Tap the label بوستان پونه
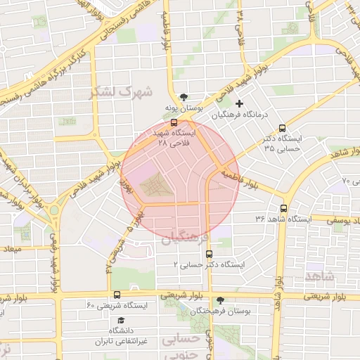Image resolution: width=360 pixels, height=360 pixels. (x=184, y=108)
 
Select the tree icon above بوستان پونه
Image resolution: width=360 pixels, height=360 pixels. (x=184, y=97)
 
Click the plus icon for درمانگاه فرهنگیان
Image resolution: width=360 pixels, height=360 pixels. (x=240, y=104)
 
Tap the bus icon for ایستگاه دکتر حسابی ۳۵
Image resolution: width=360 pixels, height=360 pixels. (x=282, y=129)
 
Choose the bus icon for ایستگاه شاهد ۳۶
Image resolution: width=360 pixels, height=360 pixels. (x=283, y=209)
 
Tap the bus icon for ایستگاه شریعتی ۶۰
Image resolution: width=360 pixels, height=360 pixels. (x=116, y=295)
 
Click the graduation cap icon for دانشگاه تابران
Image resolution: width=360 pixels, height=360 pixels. (x=112, y=320)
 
